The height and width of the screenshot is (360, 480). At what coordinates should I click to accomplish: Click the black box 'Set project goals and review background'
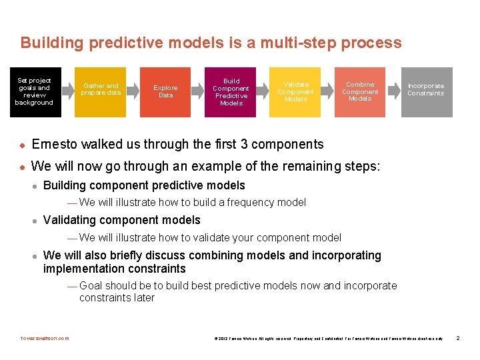click(33, 92)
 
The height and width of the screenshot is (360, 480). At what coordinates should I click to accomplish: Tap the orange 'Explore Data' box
click(165, 92)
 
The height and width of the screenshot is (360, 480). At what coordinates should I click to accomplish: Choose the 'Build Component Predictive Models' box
click(231, 92)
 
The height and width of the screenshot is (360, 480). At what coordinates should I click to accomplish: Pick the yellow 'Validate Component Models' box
click(295, 92)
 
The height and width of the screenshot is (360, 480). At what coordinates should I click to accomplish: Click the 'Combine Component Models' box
click(360, 92)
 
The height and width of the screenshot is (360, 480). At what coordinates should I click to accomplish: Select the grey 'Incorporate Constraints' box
click(426, 92)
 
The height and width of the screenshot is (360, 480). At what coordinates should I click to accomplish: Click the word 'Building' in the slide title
click(51, 43)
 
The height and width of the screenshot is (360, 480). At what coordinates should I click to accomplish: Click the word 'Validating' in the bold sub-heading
click(69, 220)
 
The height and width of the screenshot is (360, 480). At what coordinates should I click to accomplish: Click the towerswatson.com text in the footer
click(45, 339)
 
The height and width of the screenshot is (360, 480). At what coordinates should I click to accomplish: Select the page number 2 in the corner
click(458, 339)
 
